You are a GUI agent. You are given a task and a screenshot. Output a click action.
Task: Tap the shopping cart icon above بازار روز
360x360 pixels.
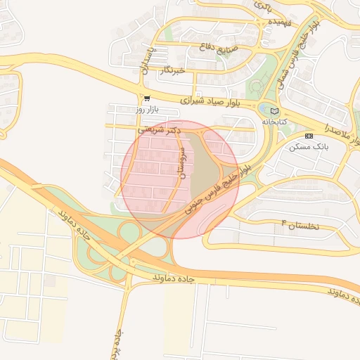click(146, 98)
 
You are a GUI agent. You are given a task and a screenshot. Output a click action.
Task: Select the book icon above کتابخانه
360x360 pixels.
click(274, 110)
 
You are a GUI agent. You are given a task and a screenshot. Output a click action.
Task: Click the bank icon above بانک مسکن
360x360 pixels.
click(309, 135)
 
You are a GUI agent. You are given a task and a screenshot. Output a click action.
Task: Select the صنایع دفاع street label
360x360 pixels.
click(237, 50)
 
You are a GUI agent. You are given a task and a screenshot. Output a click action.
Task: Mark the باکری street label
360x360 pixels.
click(263, 6)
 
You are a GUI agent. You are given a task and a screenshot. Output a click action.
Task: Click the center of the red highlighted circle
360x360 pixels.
click(180, 179)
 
